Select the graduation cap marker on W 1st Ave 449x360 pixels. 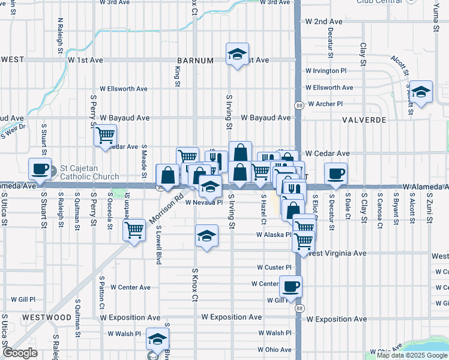[x=238, y=55]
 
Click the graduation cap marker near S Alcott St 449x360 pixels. [x=421, y=92]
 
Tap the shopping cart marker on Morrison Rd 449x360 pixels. [x=134, y=229]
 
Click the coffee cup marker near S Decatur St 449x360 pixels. [x=336, y=173]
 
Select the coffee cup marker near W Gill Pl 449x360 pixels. [x=291, y=286]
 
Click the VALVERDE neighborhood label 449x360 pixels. [x=364, y=120]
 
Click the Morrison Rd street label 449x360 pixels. [x=170, y=204]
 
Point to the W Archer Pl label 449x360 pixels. [x=325, y=104]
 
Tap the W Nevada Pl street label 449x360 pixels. [x=203, y=203]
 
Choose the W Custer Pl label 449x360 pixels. [x=274, y=267]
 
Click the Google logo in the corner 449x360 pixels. [x=20, y=353]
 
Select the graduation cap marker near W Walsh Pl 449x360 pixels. [x=157, y=340]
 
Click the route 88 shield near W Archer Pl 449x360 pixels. [x=298, y=106]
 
